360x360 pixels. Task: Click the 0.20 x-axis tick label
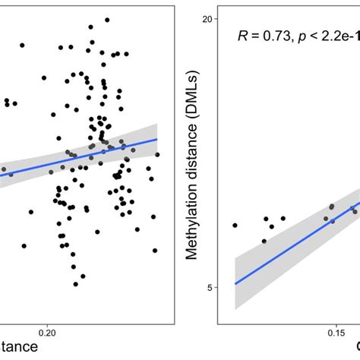47,332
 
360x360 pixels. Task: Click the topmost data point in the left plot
107,20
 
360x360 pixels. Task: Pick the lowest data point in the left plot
76,284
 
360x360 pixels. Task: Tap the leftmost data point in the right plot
235,226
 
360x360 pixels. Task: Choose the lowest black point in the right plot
264,242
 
